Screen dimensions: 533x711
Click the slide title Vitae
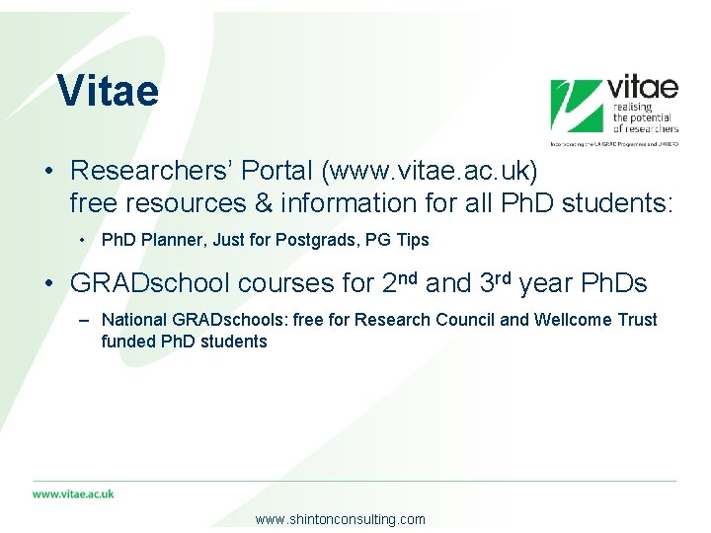click(108, 91)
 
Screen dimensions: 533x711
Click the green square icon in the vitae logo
click(576, 106)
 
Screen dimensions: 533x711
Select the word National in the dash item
click(134, 320)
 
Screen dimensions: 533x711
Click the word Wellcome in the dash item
click(566, 320)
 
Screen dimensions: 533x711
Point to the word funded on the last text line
click(126, 342)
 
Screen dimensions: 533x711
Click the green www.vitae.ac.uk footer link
click(73, 494)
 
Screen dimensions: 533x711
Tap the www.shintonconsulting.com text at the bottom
click(340, 519)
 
